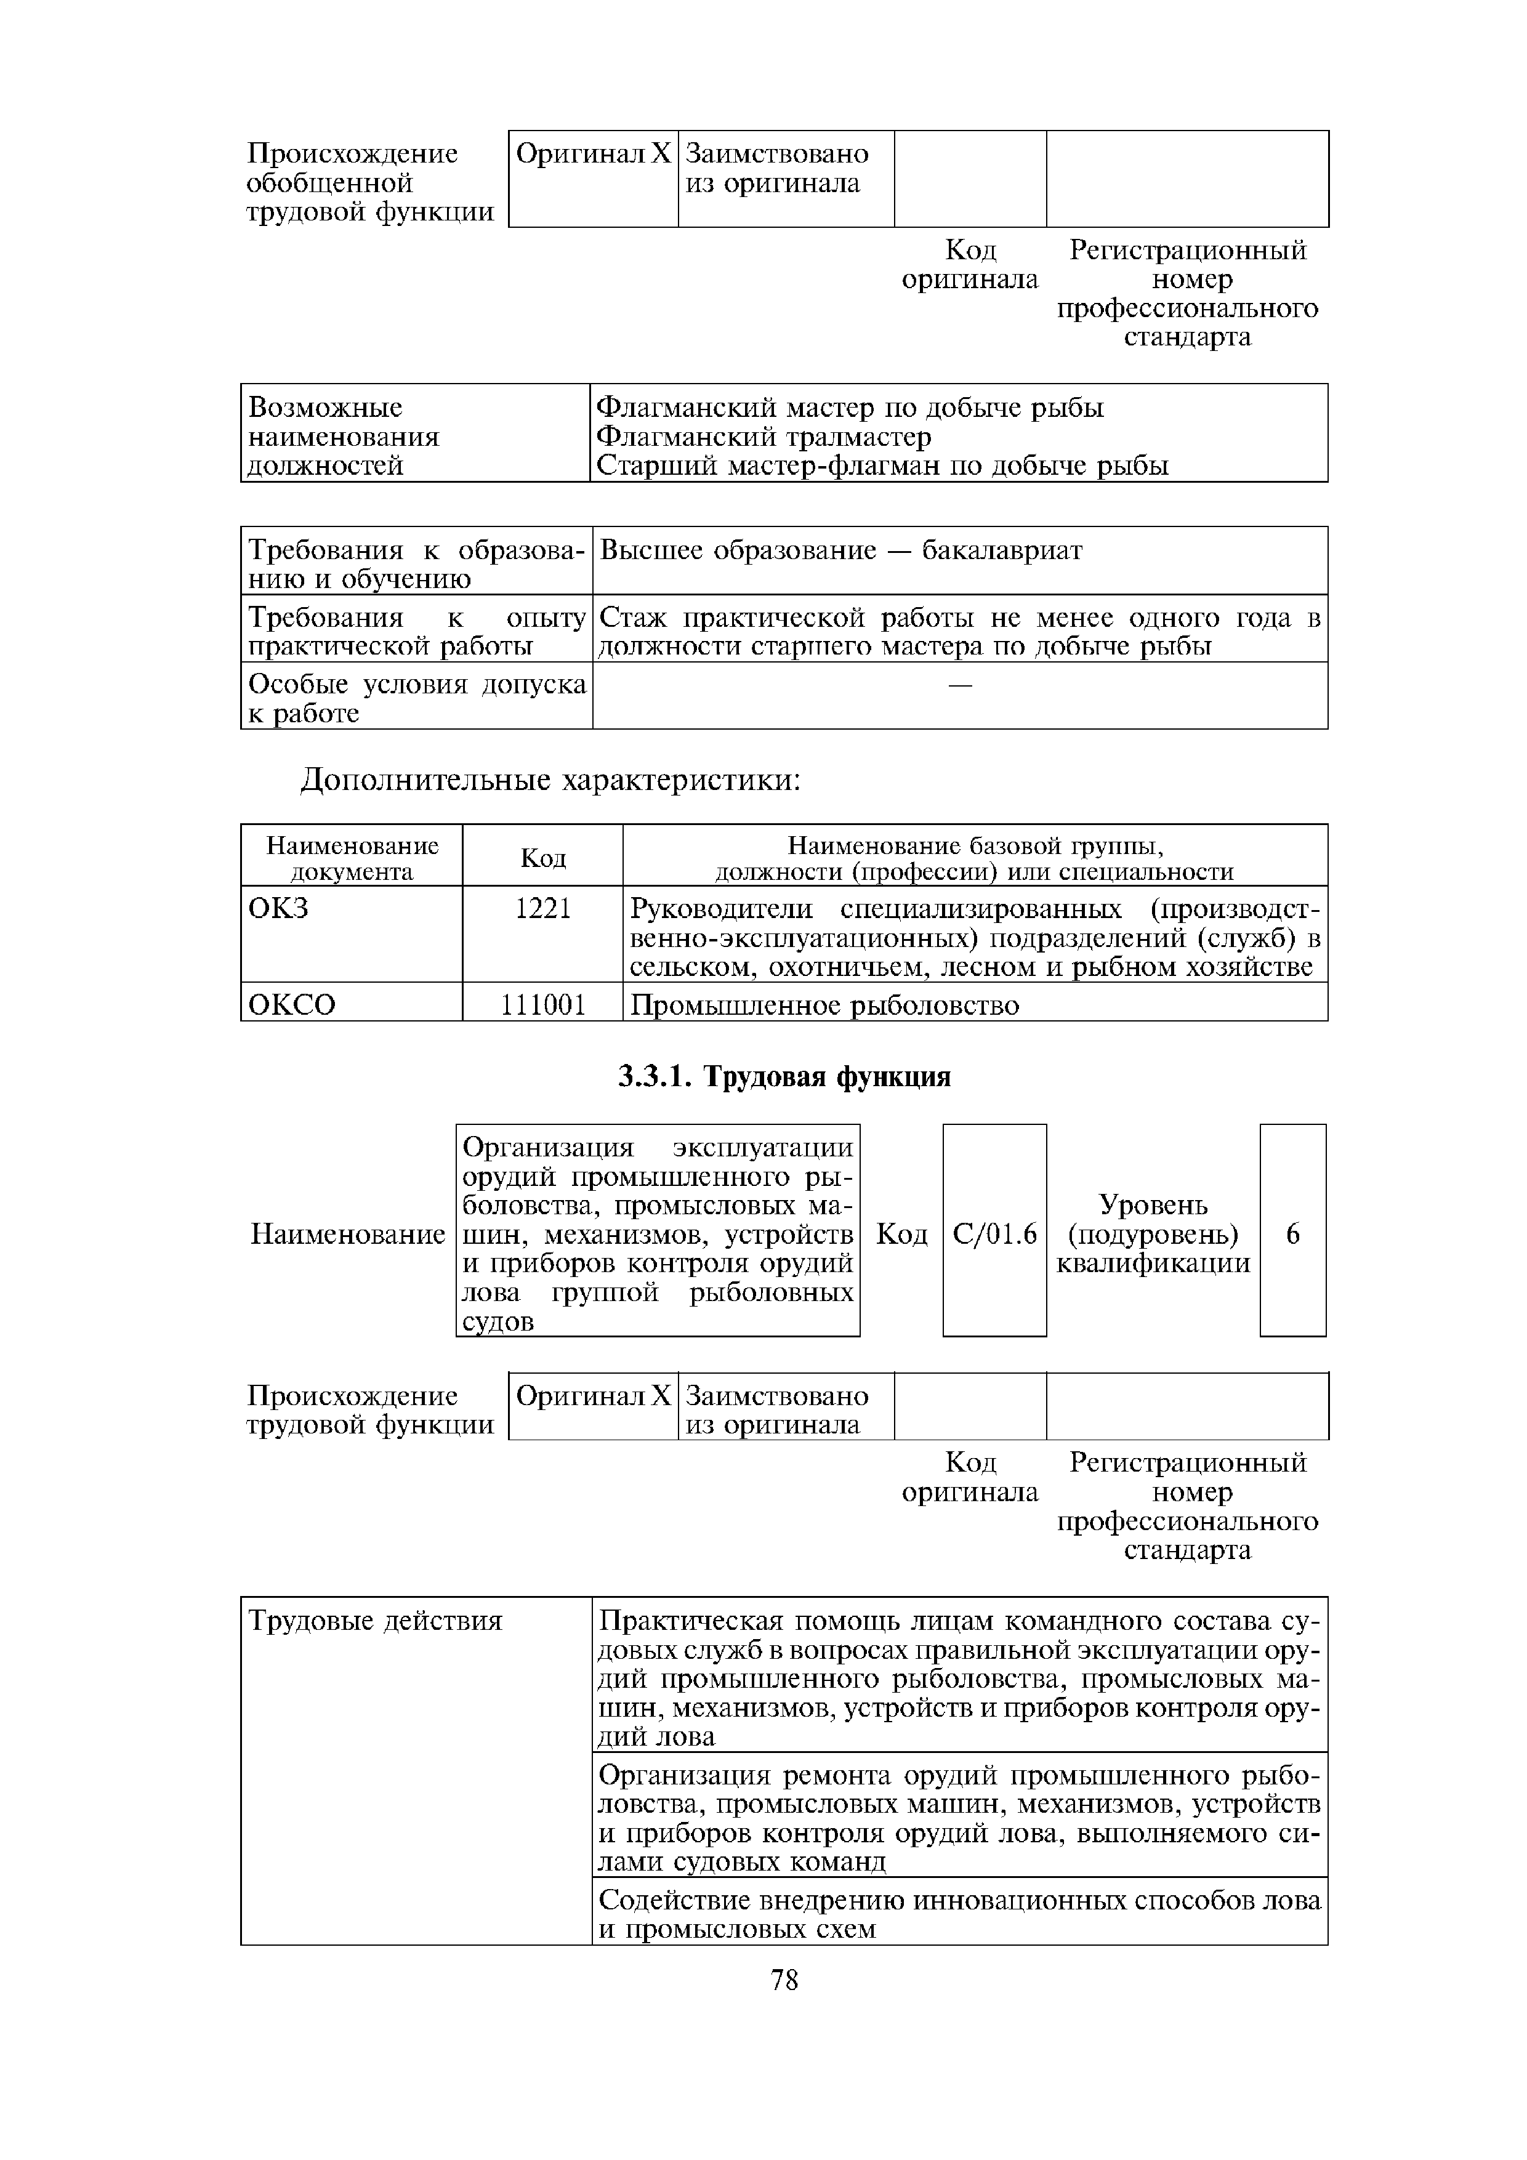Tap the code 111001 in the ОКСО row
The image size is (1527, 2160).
tap(543, 1005)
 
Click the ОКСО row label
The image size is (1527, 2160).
tap(292, 1005)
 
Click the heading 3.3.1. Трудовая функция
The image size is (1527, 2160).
tap(784, 1076)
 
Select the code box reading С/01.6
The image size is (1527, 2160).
tap(994, 1233)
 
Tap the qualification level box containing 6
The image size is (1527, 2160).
tap(1293, 1233)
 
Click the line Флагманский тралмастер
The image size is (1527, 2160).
tap(764, 437)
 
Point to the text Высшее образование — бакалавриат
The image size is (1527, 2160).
tap(840, 550)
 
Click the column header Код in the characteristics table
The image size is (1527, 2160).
tap(543, 857)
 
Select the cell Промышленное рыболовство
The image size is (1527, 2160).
tap(824, 1005)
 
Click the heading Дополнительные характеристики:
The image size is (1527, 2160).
tap(550, 781)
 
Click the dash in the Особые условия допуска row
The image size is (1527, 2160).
tap(960, 687)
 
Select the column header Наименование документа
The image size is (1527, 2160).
tap(352, 857)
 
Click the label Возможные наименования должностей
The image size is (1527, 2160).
tap(344, 437)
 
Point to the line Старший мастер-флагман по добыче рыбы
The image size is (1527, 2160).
tap(882, 465)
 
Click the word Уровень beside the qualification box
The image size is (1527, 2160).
tap(1153, 1204)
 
